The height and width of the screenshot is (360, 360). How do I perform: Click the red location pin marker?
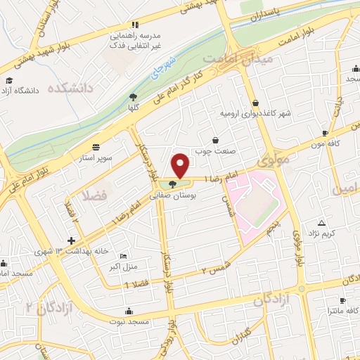pyautogui.click(x=181, y=165)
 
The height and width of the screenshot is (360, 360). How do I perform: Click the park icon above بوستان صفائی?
pyautogui.click(x=173, y=185)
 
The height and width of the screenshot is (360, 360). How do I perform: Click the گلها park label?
pyautogui.click(x=133, y=108)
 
